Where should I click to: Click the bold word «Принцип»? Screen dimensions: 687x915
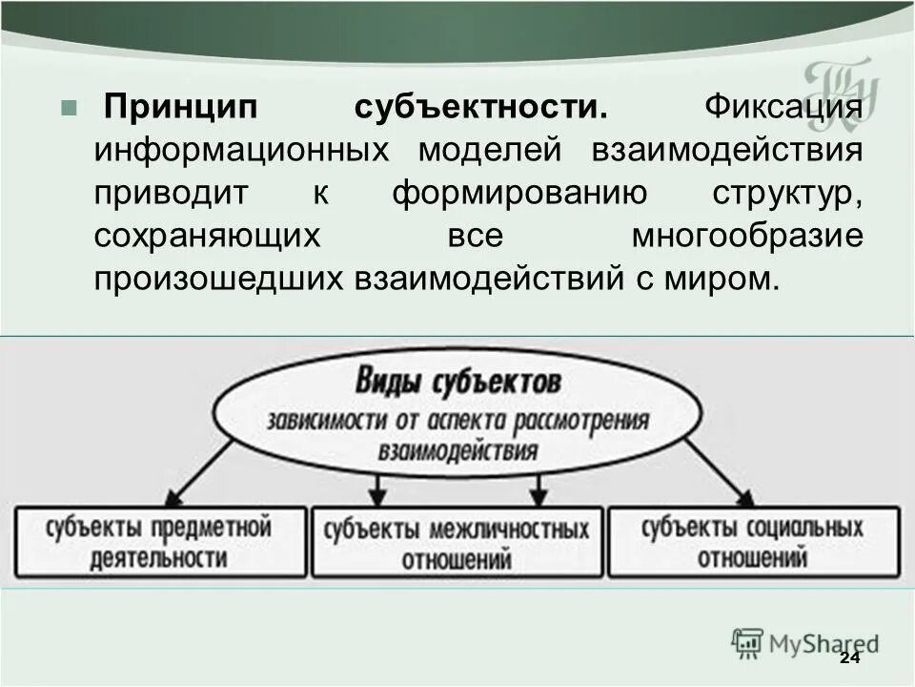click(x=181, y=108)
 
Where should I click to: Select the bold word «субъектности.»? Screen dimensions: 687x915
click(x=481, y=108)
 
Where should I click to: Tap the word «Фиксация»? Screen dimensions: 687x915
click(x=783, y=108)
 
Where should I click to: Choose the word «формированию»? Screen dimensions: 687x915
click(x=518, y=194)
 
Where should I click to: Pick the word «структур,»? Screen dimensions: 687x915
click(x=787, y=194)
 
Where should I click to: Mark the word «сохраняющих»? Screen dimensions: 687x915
click(x=206, y=237)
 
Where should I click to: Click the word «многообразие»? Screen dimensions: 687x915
click(x=747, y=237)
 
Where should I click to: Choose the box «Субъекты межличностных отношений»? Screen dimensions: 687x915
click(x=457, y=542)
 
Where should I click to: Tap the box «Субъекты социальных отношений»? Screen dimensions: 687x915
click(x=753, y=542)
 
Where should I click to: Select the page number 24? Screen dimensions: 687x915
click(x=849, y=660)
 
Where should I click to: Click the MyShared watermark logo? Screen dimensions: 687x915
click(x=805, y=642)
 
